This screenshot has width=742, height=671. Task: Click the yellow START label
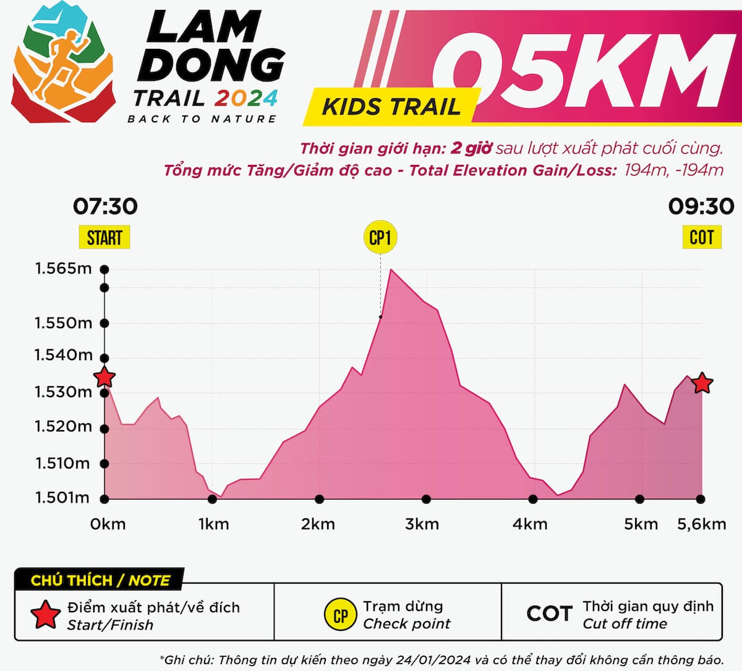click(x=104, y=238)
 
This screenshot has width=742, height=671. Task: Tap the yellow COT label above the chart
click(x=701, y=237)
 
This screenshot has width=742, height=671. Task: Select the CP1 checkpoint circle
click(x=380, y=237)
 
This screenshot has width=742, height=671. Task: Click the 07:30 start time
click(x=105, y=206)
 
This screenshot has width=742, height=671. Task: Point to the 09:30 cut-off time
click(x=701, y=206)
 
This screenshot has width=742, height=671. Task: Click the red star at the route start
click(x=104, y=377)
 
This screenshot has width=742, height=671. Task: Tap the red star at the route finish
click(x=701, y=383)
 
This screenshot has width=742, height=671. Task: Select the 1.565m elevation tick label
click(x=63, y=269)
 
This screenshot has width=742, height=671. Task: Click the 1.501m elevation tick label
click(x=62, y=498)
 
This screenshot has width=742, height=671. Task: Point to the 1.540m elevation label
click(x=63, y=355)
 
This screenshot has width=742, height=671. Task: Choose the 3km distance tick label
click(x=422, y=525)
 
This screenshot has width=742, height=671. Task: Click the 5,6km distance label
click(x=701, y=525)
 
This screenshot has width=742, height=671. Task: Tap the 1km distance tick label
click(x=213, y=525)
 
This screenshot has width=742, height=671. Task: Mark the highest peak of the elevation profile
click(x=391, y=270)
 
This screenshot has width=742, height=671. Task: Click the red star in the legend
click(x=46, y=614)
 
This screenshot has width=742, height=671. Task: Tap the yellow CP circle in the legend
click(x=340, y=615)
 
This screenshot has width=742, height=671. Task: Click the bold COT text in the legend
click(x=549, y=614)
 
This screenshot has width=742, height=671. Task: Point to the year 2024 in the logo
click(x=246, y=98)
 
